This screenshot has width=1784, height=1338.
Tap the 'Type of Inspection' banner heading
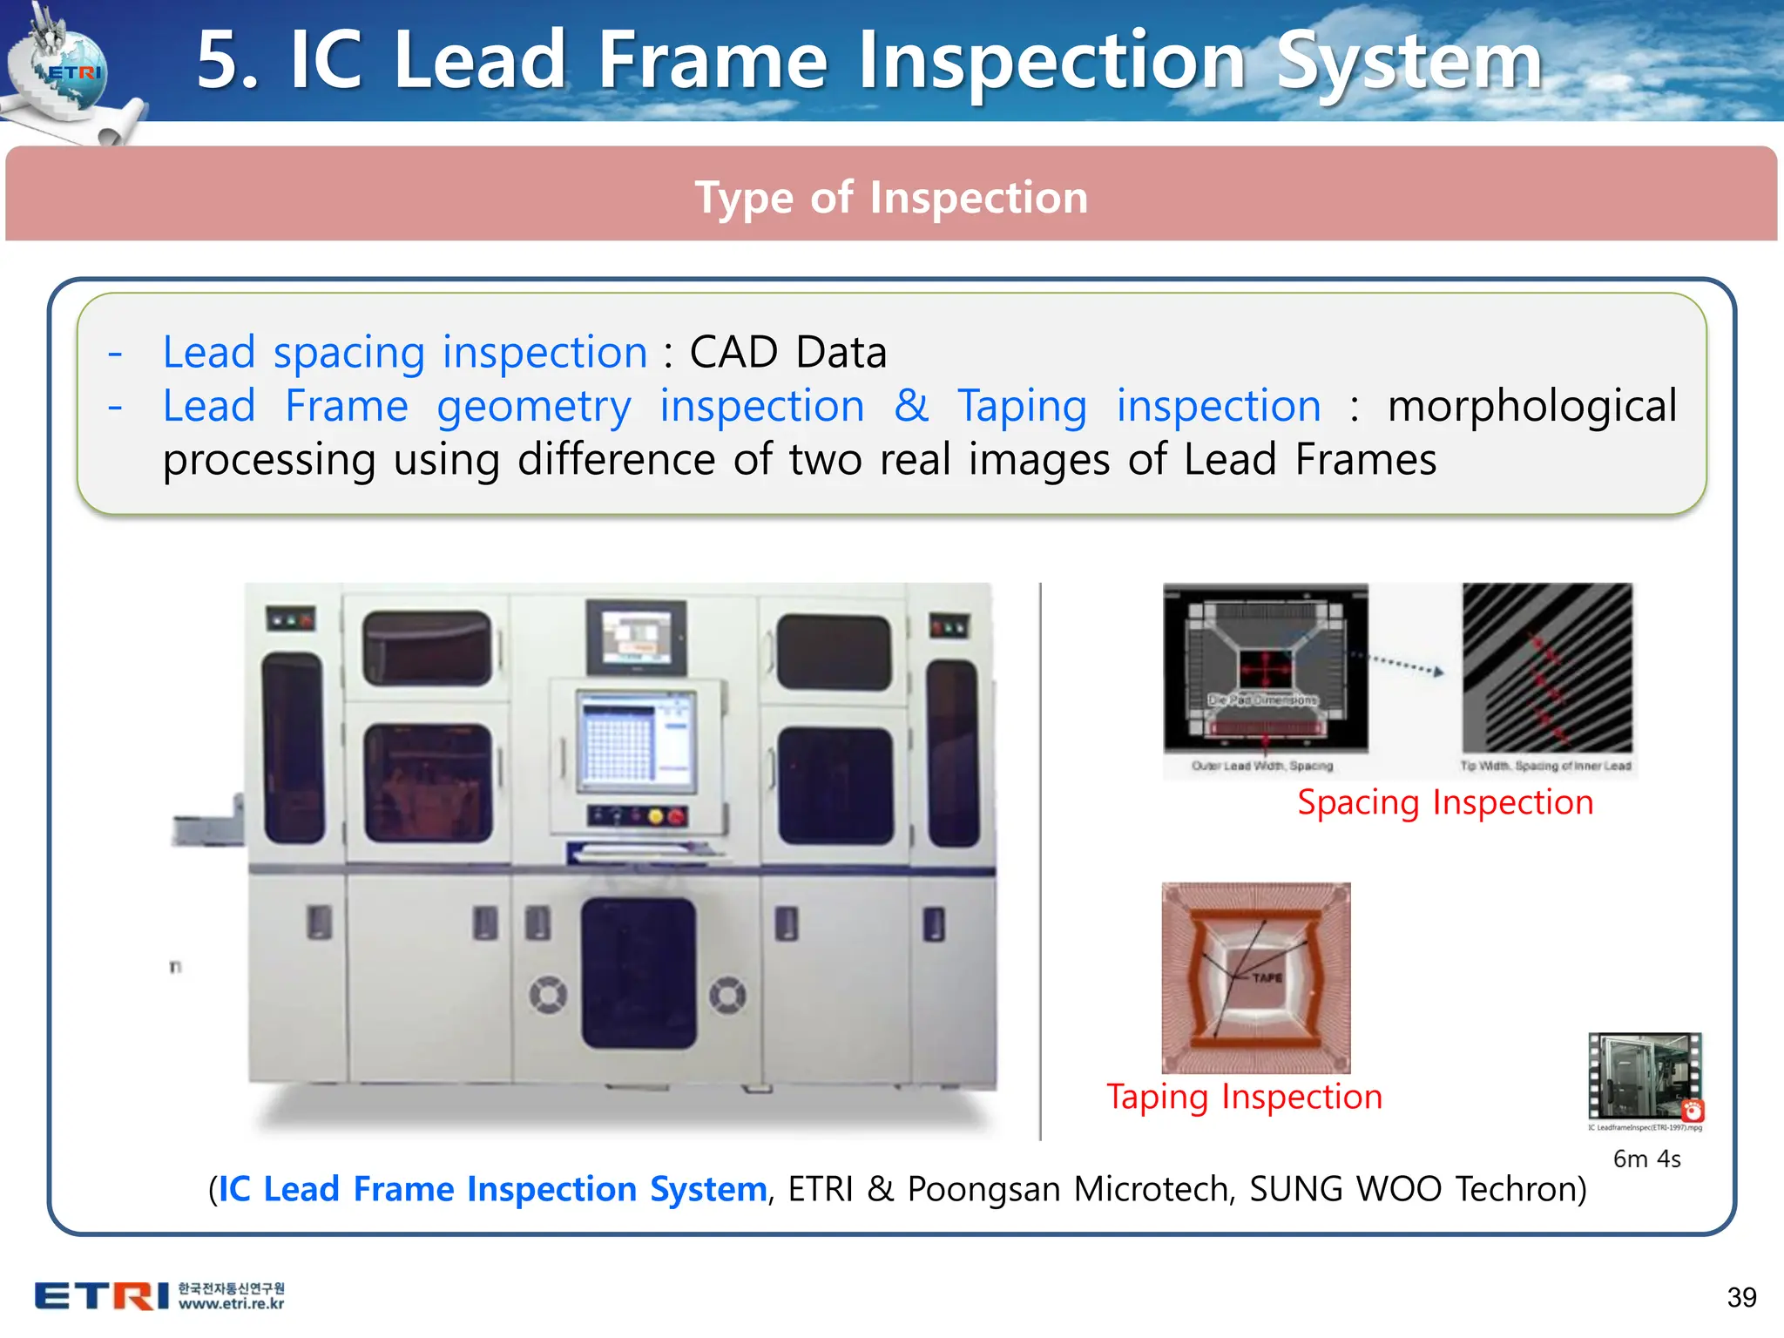click(x=891, y=198)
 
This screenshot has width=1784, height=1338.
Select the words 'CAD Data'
click(x=787, y=353)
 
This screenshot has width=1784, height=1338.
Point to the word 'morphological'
click(x=1531, y=406)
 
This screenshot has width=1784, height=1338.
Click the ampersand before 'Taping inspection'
click(x=911, y=406)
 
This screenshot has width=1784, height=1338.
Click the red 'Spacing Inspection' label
click(x=1444, y=802)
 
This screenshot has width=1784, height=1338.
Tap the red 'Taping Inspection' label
click(x=1244, y=1097)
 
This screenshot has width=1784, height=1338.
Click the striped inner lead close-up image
click(x=1547, y=668)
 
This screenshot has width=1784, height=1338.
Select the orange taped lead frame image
click(x=1256, y=977)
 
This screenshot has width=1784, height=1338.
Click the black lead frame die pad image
click(x=1266, y=668)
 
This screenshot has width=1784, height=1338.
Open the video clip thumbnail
click(x=1645, y=1077)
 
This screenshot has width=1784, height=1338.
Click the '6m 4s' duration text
click(x=1646, y=1159)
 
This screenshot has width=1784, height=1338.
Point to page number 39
click(x=1741, y=1297)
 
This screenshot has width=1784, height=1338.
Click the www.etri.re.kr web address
click(x=232, y=1304)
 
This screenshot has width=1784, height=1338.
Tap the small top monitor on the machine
click(x=636, y=637)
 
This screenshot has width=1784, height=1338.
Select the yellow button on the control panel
click(x=656, y=816)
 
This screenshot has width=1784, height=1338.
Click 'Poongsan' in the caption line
click(x=983, y=1189)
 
